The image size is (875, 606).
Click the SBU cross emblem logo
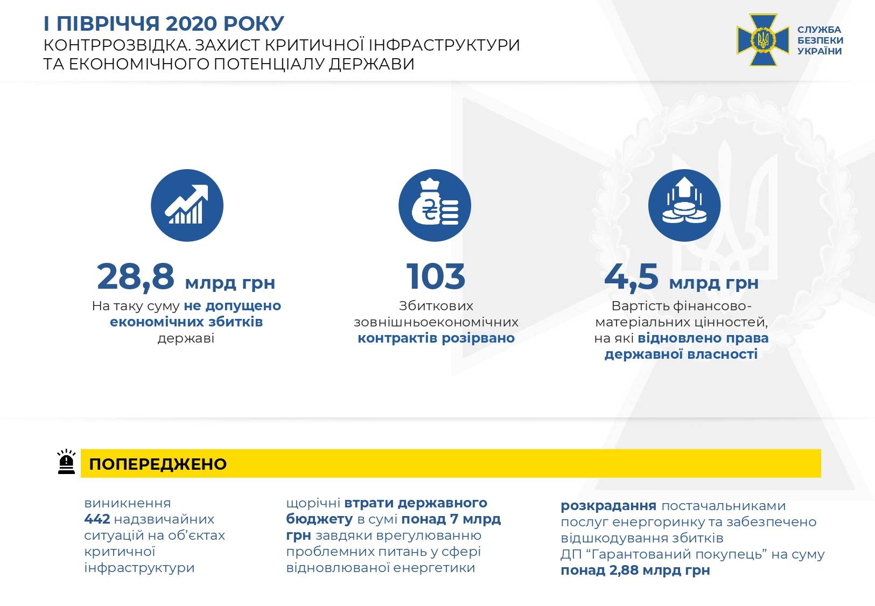pos(763,40)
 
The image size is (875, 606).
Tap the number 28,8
pos(136,277)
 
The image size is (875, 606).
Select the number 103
pos(436,276)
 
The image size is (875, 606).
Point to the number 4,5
pos(631,277)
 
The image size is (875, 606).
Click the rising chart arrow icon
pos(187,205)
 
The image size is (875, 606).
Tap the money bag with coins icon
pos(435,205)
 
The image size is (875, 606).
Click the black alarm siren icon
pos(66,462)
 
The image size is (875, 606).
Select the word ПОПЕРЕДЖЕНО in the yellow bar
pos(158,464)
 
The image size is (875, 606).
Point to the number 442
pos(97,519)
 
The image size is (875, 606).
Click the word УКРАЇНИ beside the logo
pos(820,51)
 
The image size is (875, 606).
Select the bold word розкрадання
pos(608,506)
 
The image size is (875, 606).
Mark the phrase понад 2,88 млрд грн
pos(635,570)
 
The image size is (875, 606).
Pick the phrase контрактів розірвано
pos(436,338)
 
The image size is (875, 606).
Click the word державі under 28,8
pos(186,338)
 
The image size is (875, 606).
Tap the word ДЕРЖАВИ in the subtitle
pos(371,64)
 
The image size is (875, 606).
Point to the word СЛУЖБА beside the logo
pos(819,30)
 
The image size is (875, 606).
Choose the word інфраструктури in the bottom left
pos(139,568)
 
